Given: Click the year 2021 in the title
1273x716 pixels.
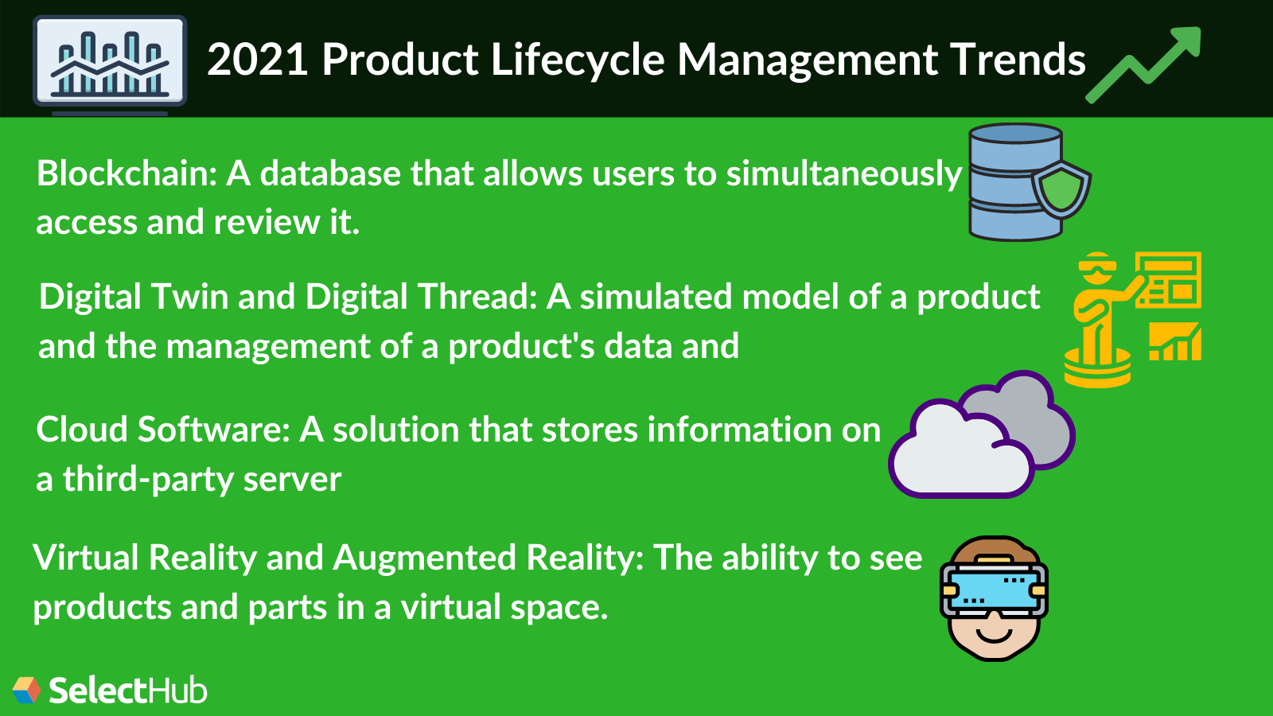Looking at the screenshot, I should pyautogui.click(x=257, y=60).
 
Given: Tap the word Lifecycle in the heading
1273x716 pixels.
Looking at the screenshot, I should pyautogui.click(x=577, y=60).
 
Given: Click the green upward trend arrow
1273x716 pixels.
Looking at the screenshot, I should pyautogui.click(x=1146, y=64).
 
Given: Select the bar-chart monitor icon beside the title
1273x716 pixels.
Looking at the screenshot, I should pyautogui.click(x=110, y=62).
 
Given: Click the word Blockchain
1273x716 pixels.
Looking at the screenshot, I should pyautogui.click(x=126, y=173).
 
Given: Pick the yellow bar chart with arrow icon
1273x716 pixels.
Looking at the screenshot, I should pyautogui.click(x=1175, y=342).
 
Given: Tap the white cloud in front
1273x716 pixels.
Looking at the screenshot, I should pyautogui.click(x=959, y=453).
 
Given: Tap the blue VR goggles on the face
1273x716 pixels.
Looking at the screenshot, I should pyautogui.click(x=993, y=590).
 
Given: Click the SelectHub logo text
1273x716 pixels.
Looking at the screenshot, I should pyautogui.click(x=127, y=691).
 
